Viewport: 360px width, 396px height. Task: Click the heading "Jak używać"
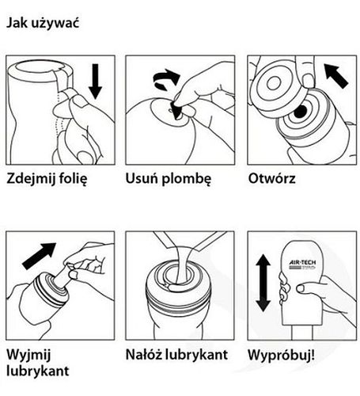[x=43, y=24]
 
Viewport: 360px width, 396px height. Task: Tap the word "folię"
[x=73, y=179]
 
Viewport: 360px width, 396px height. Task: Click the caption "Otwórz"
[x=272, y=178]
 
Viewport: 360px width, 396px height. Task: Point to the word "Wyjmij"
[x=28, y=355]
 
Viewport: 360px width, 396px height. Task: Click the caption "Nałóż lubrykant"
[x=176, y=354]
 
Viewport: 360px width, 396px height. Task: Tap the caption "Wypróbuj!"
[x=281, y=356]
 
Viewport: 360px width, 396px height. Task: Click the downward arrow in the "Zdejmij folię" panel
[x=95, y=82]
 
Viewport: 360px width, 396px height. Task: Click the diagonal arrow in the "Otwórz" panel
[x=336, y=75]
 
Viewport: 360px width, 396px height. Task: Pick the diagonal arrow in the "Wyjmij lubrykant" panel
[x=40, y=256]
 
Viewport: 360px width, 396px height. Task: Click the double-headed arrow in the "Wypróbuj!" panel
[x=263, y=283]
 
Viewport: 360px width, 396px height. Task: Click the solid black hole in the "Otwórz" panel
[x=301, y=112]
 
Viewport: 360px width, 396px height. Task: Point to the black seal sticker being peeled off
[x=176, y=111]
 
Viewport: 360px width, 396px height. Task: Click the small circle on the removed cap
[x=274, y=84]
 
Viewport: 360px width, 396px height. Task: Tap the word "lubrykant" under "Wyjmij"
[x=38, y=371]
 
